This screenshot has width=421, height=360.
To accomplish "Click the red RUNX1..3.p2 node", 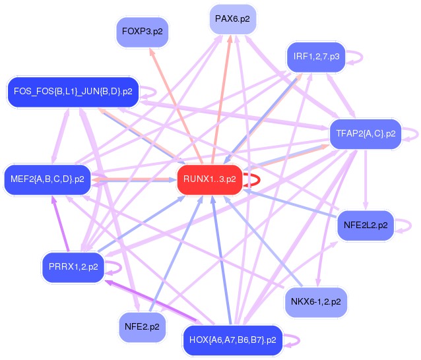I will pos(209,179).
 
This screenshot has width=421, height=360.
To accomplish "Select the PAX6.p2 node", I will pos(232,19).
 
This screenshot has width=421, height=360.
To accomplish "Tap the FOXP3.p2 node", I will pos(143,32).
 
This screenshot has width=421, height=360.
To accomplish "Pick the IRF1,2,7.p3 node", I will pos(316,57).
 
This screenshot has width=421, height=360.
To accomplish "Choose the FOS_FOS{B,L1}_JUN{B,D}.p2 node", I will pos(73,91).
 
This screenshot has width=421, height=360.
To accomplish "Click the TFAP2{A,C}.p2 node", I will pos(365,133).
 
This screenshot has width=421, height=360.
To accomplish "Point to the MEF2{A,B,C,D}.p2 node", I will pos(48,179).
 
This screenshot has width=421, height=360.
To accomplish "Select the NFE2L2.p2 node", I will pos(366,225).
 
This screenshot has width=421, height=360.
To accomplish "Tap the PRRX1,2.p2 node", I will pos(73,266).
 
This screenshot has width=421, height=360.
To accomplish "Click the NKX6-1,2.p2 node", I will pos(315,302).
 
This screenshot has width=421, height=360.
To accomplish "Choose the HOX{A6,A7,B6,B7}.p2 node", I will pos(232,340).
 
